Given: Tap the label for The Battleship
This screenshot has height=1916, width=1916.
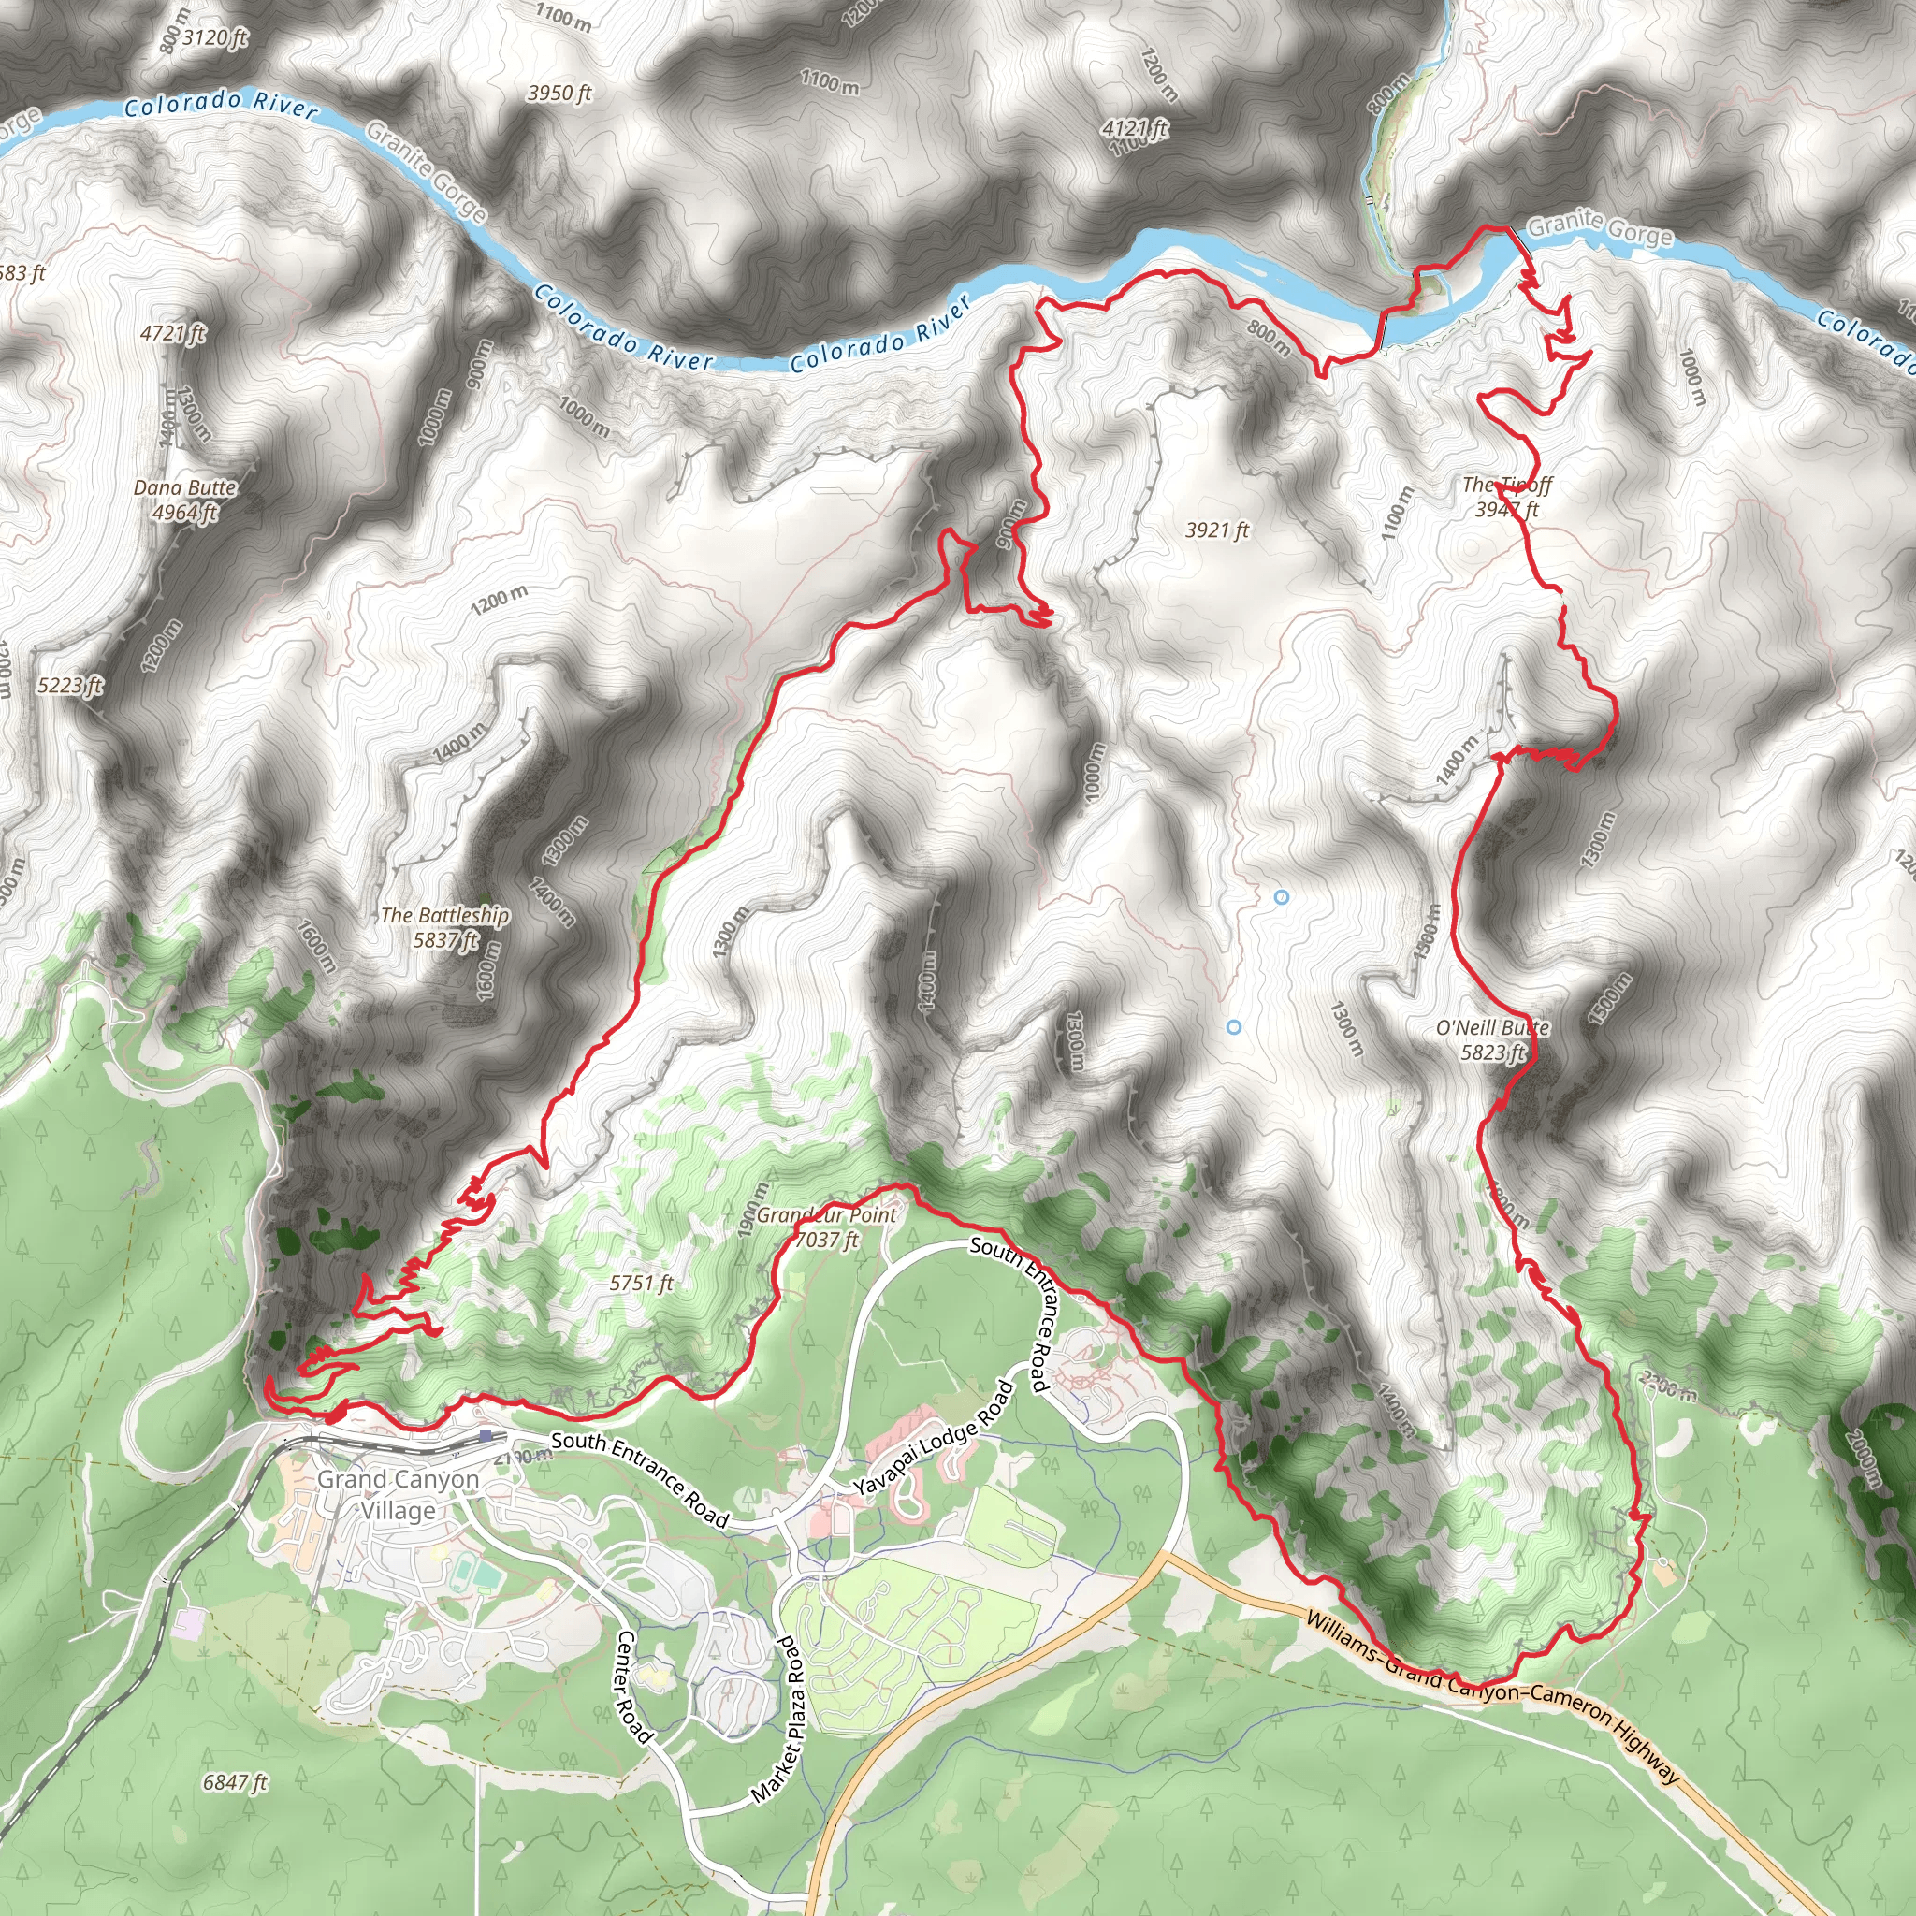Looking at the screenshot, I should (x=445, y=914).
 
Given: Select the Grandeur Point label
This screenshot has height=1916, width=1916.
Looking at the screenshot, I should (x=826, y=1215).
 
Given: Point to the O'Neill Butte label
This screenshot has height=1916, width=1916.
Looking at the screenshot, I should (x=1492, y=1027).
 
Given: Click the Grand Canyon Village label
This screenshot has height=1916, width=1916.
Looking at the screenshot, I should (x=398, y=1494).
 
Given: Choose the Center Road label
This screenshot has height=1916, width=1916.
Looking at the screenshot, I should (x=634, y=1686).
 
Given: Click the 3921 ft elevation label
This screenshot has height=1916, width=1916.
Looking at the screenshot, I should (x=1217, y=530).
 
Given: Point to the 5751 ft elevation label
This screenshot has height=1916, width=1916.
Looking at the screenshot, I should (x=642, y=1284).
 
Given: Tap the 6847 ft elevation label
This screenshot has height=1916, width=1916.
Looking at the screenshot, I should (x=235, y=1782).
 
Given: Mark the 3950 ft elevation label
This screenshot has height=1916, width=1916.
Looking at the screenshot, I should (x=559, y=94).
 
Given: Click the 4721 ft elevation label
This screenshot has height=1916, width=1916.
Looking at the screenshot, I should (x=174, y=333).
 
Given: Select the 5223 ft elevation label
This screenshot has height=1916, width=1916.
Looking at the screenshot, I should (x=70, y=685).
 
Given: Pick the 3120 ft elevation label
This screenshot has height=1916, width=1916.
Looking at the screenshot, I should (x=215, y=37).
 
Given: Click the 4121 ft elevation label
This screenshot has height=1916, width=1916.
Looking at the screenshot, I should (x=1135, y=129).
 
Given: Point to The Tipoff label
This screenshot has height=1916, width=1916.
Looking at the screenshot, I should (x=1506, y=485).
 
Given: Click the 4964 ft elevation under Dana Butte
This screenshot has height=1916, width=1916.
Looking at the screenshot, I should (x=185, y=512).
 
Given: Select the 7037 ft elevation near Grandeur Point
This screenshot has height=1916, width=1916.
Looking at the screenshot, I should (x=827, y=1240).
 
